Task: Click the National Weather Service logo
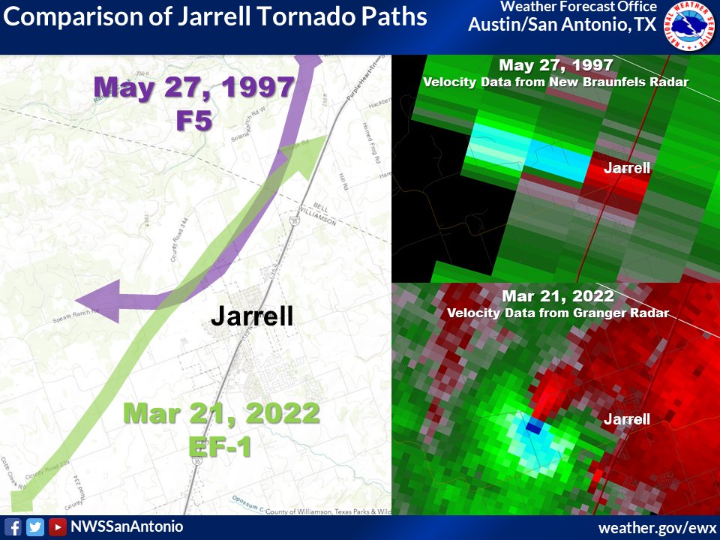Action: [x=691, y=26]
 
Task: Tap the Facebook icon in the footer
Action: [x=13, y=527]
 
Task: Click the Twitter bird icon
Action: [x=34, y=527]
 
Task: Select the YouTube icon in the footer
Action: [x=57, y=527]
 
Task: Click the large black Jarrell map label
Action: [x=251, y=316]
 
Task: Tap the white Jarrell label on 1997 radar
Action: [x=627, y=168]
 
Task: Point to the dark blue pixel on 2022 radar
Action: [x=534, y=427]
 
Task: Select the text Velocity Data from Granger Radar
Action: [x=557, y=313]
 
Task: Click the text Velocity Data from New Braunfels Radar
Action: [x=556, y=82]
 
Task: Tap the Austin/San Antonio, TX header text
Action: [x=562, y=25]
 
